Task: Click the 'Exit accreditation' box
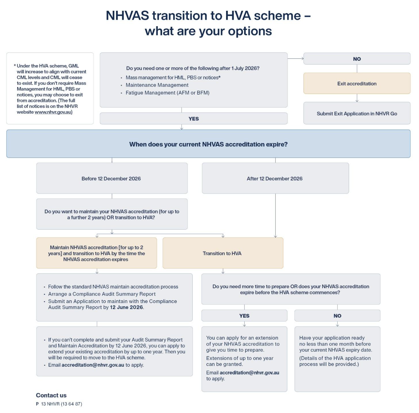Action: pyautogui.click(x=357, y=83)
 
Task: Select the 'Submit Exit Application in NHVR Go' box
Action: pyautogui.click(x=357, y=113)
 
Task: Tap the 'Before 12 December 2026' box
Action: pyautogui.click(x=111, y=178)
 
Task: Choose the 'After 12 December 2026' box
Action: pyautogui.click(x=275, y=178)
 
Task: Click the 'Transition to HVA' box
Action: pyautogui.click(x=222, y=253)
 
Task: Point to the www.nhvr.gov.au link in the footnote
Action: pyautogui.click(x=53, y=112)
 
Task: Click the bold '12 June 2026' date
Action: pyautogui.click(x=127, y=307)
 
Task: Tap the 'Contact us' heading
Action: pyautogui.click(x=51, y=395)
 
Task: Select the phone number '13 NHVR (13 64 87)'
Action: pyautogui.click(x=61, y=404)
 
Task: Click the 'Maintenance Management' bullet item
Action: pyautogui.click(x=157, y=85)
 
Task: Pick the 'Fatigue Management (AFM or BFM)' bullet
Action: pyautogui.click(x=168, y=92)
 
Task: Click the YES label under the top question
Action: pyautogui.click(x=193, y=119)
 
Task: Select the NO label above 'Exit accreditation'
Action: pyautogui.click(x=357, y=59)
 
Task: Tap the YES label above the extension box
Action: pyautogui.click(x=244, y=316)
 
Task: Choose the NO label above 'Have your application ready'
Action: pyautogui.click(x=337, y=316)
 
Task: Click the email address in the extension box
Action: pyautogui.click(x=249, y=373)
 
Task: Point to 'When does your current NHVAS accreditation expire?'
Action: pyautogui.click(x=208, y=144)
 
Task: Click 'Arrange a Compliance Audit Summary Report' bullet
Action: pyautogui.click(x=102, y=294)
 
